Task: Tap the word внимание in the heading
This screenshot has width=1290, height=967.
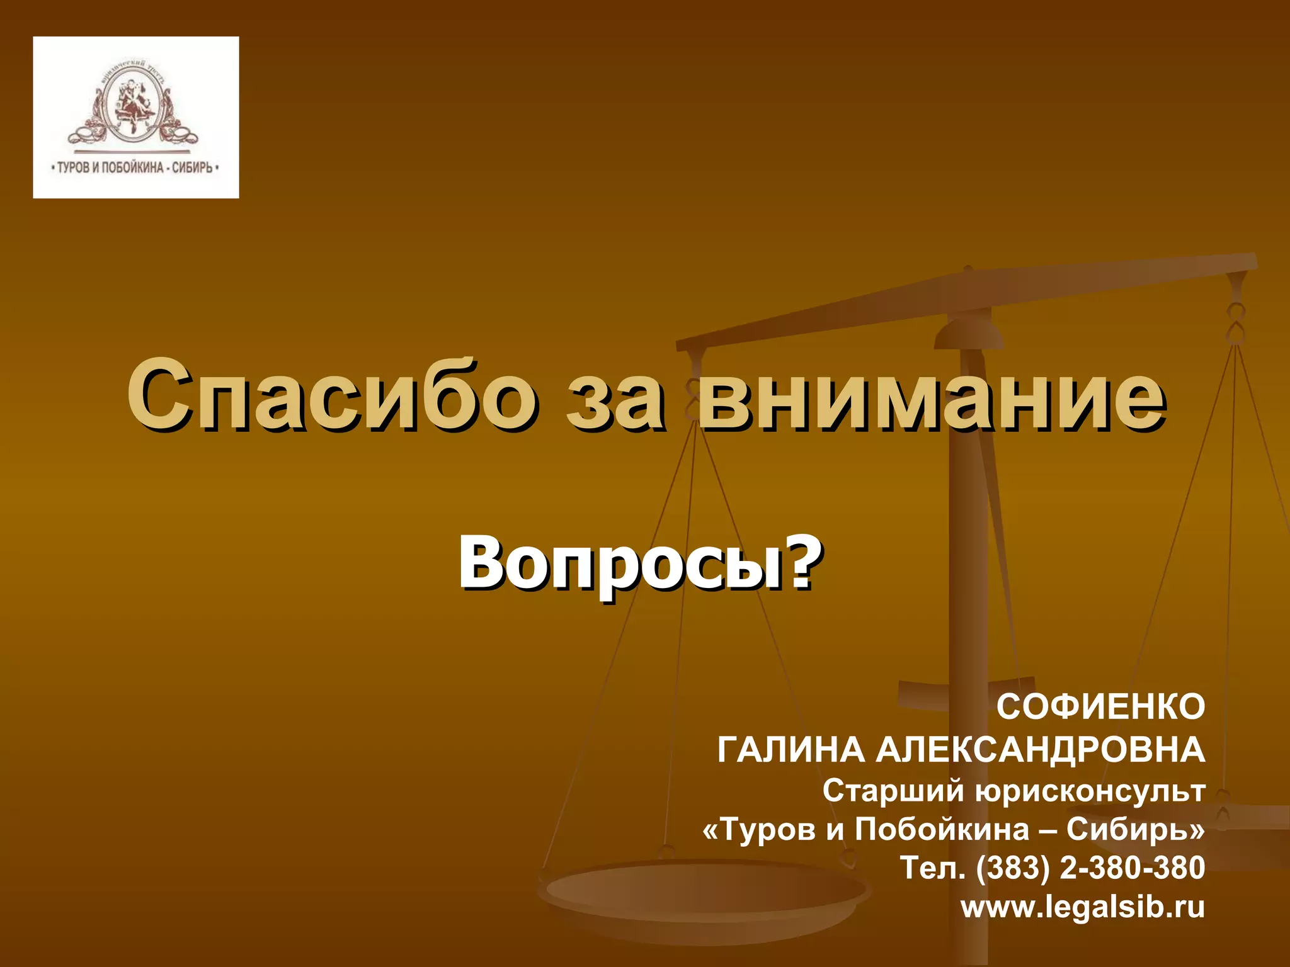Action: [x=931, y=396]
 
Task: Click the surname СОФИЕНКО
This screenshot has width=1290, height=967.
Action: [x=1100, y=706]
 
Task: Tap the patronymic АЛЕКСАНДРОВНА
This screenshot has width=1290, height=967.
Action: [x=1040, y=750]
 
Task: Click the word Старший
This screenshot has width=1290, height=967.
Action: [x=893, y=791]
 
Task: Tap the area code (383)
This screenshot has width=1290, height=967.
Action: [x=1013, y=868]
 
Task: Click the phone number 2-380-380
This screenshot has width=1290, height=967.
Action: [x=1133, y=868]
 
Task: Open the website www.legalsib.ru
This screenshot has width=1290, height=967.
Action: [x=1082, y=907]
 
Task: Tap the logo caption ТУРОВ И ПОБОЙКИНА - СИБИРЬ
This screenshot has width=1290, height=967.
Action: [x=134, y=168]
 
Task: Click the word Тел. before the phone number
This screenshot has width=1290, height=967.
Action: [x=932, y=868]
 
